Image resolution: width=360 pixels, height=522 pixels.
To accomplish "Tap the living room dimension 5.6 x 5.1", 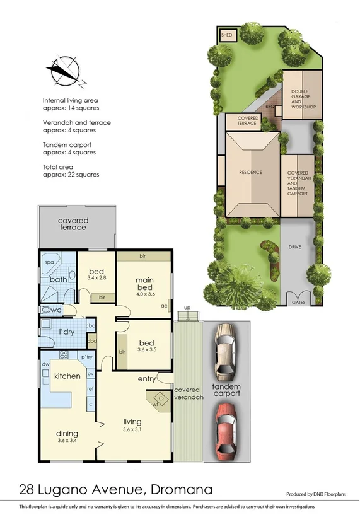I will pyautogui.click(x=132, y=430).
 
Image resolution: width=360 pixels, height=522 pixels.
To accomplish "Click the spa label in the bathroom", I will pyautogui.click(x=48, y=260).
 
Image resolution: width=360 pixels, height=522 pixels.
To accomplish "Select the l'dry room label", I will pyautogui.click(x=66, y=332).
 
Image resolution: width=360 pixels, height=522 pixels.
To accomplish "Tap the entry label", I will pyautogui.click(x=147, y=379).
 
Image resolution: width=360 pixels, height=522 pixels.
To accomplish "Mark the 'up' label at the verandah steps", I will pyautogui.click(x=187, y=308).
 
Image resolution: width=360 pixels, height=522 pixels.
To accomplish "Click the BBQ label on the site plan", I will pyautogui.click(x=272, y=108).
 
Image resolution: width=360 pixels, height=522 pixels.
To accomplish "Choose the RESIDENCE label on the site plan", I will pyautogui.click(x=250, y=172).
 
